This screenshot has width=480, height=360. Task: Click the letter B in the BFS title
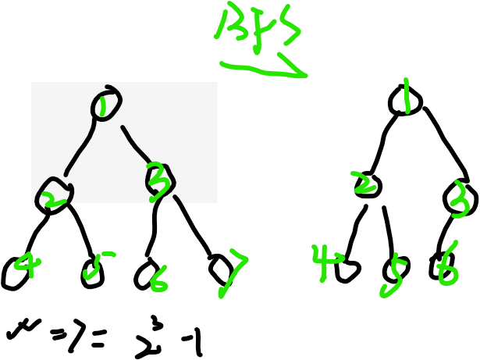(x=232, y=24)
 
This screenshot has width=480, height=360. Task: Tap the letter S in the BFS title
(x=290, y=25)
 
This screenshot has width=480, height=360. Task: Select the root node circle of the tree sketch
(x=105, y=104)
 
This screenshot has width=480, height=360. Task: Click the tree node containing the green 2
(x=53, y=193)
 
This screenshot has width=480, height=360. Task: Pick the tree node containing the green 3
(x=158, y=182)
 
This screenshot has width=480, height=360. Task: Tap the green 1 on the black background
(x=406, y=95)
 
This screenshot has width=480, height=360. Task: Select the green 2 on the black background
(x=362, y=183)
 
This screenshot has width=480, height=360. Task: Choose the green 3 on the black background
(x=460, y=199)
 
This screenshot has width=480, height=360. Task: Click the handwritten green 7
(x=233, y=272)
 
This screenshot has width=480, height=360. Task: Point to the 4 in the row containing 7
(x=28, y=264)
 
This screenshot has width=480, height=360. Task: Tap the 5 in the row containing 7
(x=96, y=265)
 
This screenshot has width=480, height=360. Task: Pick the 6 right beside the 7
(x=158, y=279)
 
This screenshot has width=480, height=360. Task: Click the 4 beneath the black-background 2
(x=325, y=262)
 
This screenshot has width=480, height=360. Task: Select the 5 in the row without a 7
(x=394, y=276)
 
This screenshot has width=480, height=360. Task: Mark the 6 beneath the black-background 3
(x=447, y=265)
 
